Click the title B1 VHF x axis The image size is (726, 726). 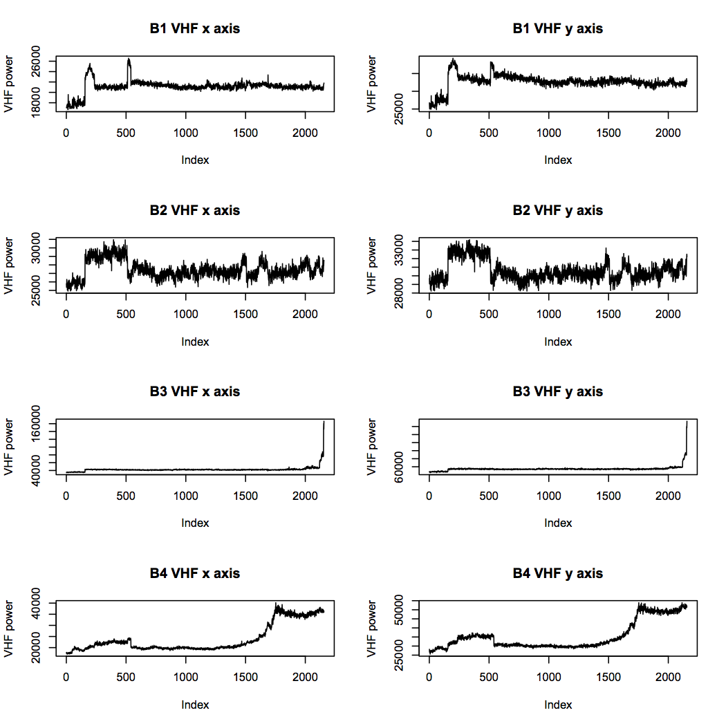click(195, 28)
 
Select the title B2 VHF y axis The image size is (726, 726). click(558, 210)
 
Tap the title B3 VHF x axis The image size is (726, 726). click(195, 391)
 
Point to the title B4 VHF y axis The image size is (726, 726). click(558, 573)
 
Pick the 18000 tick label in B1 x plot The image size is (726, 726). click(36, 103)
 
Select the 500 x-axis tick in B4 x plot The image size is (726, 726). click(126, 678)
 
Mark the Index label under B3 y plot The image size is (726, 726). click(558, 523)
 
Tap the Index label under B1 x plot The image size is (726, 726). click(195, 160)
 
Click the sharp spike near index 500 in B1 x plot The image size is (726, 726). click(129, 60)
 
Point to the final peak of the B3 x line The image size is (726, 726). click(324, 421)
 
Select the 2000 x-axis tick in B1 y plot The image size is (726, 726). click(668, 133)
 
